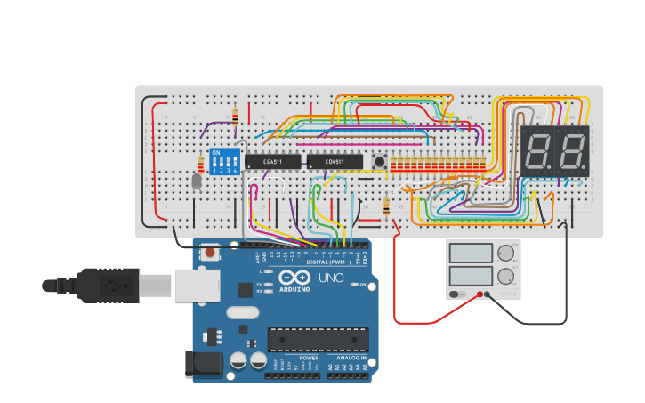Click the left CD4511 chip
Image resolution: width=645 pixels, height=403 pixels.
click(272, 162)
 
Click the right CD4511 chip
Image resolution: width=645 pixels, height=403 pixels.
click(335, 162)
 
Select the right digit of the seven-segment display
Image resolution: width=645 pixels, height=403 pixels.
click(572, 149)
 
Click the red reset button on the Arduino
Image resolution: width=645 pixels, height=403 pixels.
click(210, 253)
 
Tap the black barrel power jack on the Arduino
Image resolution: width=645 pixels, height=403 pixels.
click(202, 363)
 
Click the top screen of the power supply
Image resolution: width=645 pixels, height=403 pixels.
click(471, 253)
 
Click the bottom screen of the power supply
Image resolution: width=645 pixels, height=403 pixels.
click(471, 277)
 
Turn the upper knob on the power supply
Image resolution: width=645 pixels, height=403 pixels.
click(506, 253)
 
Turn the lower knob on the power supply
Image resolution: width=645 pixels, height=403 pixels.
click(506, 277)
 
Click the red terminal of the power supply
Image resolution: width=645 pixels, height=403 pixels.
click(480, 294)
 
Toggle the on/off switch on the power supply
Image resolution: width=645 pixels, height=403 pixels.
click(456, 294)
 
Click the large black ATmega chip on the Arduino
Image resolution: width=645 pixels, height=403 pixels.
click(318, 339)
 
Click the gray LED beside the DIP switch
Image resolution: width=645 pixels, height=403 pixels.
click(197, 181)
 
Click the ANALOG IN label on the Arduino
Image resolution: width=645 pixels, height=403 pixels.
click(351, 358)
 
